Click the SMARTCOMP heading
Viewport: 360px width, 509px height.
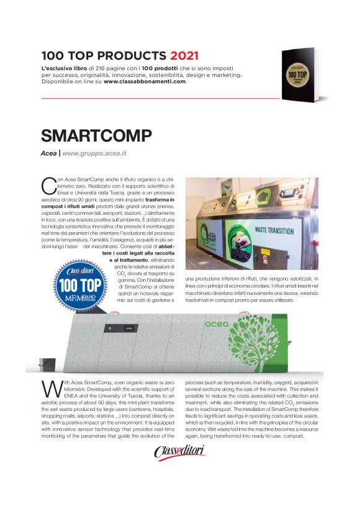point(96,136)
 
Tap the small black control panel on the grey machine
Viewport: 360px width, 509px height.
point(128,328)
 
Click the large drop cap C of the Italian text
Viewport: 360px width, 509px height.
point(48,184)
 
